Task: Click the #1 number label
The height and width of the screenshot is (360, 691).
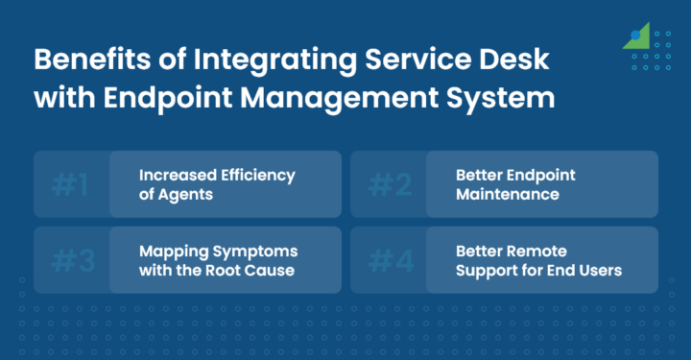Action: pyautogui.click(x=70, y=183)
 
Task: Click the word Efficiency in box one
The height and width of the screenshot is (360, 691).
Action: pyautogui.click(x=256, y=175)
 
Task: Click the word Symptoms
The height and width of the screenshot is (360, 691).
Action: pyautogui.click(x=251, y=252)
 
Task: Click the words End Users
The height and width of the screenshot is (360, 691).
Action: pyautogui.click(x=584, y=270)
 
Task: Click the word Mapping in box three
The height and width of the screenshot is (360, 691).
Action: pyautogui.click(x=170, y=252)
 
